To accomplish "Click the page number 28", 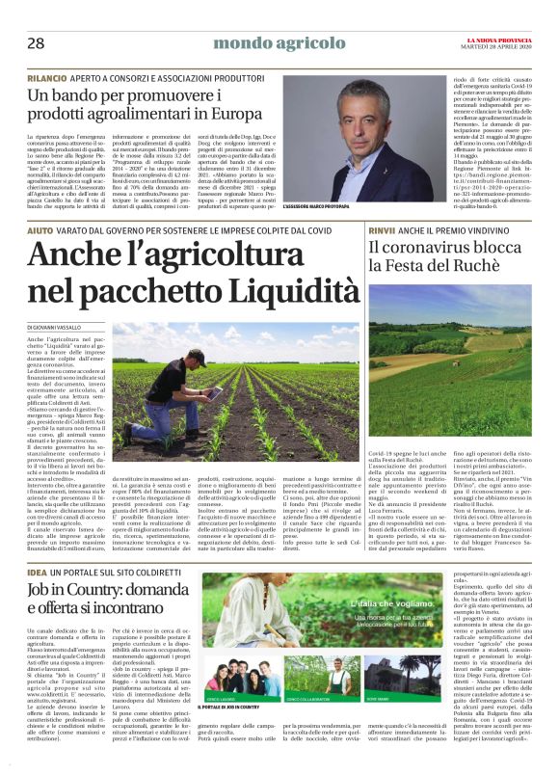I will click(36, 43).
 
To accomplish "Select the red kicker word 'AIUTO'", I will click(40, 232).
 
